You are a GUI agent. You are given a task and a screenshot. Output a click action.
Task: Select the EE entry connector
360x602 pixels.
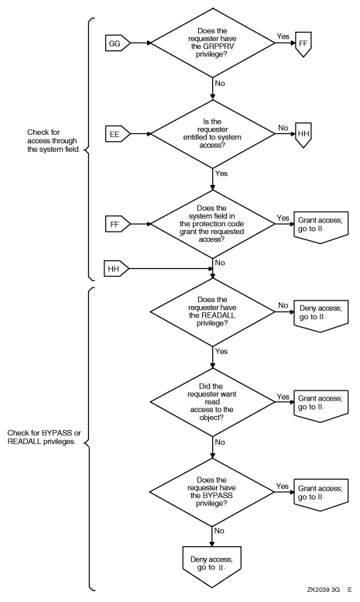pos(116,132)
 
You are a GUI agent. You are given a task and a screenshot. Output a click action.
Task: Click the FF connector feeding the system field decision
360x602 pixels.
pos(116,225)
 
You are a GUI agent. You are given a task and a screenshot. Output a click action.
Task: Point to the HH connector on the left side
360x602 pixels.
pos(116,270)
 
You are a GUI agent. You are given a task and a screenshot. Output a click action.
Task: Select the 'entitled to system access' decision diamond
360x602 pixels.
pos(212,132)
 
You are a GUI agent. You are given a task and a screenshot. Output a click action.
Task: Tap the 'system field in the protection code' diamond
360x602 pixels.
pos(212,225)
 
